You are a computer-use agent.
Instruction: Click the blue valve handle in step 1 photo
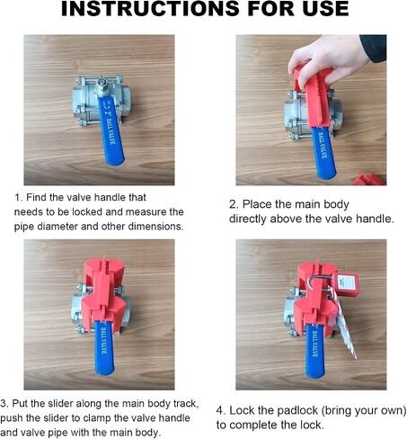click(110, 130)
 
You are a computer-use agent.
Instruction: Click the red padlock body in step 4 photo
click(348, 284)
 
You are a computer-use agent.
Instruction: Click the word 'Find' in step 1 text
click(37, 197)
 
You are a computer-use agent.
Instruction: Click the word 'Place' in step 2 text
click(257, 204)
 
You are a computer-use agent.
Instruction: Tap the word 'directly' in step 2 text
click(248, 219)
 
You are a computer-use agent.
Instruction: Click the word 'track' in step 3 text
click(186, 404)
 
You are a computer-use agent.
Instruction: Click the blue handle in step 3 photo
click(104, 348)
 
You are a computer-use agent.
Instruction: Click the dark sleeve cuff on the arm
click(374, 48)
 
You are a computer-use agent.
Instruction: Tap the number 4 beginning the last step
click(220, 410)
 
